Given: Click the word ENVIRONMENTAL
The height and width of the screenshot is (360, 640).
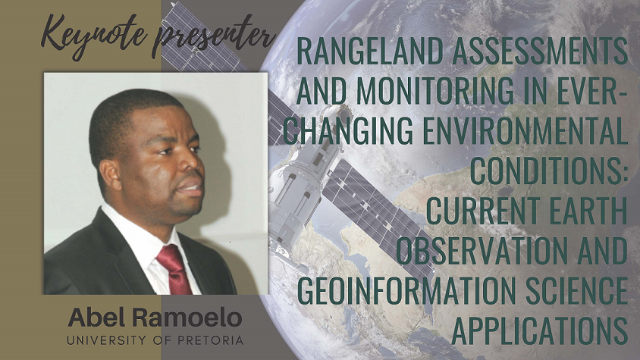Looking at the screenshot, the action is pos(525,130).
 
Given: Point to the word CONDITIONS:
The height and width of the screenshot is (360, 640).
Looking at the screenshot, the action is pos(550,171).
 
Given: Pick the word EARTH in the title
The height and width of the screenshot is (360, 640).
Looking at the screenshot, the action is pos(588,210).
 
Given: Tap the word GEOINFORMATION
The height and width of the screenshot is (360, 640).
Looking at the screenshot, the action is pos(406,290).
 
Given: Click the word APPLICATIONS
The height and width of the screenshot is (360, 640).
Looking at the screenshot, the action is pos(540,330).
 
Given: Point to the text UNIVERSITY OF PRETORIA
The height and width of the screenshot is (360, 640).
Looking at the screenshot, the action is pos(155,340).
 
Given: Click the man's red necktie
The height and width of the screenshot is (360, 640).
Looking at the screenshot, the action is pos(174,269).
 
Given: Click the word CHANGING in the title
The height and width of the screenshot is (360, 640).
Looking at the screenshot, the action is pos(348,130).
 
